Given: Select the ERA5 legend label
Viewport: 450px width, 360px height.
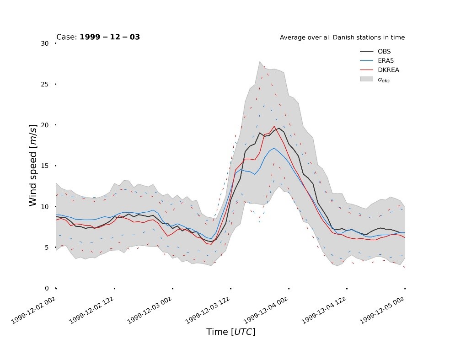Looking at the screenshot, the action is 386,60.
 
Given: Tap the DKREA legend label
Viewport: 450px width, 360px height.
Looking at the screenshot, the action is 388,70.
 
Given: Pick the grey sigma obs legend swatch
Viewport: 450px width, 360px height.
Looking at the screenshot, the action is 366,79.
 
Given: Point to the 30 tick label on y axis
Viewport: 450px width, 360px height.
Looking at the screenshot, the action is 45,43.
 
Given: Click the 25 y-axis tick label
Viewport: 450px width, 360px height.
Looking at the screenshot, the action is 45,84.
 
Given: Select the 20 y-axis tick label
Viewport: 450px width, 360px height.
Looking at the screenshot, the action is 45,125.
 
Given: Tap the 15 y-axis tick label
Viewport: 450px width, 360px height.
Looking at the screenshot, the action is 45,166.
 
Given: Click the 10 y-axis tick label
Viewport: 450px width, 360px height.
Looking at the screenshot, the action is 45,206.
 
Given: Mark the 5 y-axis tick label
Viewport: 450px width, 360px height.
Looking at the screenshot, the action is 47,247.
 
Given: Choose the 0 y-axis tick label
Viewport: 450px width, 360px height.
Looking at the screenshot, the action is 47,288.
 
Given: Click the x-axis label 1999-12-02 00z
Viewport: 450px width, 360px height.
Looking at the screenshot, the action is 33,310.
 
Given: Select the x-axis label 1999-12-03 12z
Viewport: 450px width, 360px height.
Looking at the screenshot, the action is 207,310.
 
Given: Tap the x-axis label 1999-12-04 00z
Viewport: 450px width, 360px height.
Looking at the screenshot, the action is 265,310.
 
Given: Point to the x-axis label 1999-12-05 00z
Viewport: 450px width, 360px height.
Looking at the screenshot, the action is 382,310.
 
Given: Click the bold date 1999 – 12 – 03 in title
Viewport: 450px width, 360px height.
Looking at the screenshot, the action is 110,37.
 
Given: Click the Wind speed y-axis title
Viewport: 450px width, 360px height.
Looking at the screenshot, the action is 33,165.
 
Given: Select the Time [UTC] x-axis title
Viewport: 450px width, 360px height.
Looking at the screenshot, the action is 231,332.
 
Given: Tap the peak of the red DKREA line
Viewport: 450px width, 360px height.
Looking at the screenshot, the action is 274,126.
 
